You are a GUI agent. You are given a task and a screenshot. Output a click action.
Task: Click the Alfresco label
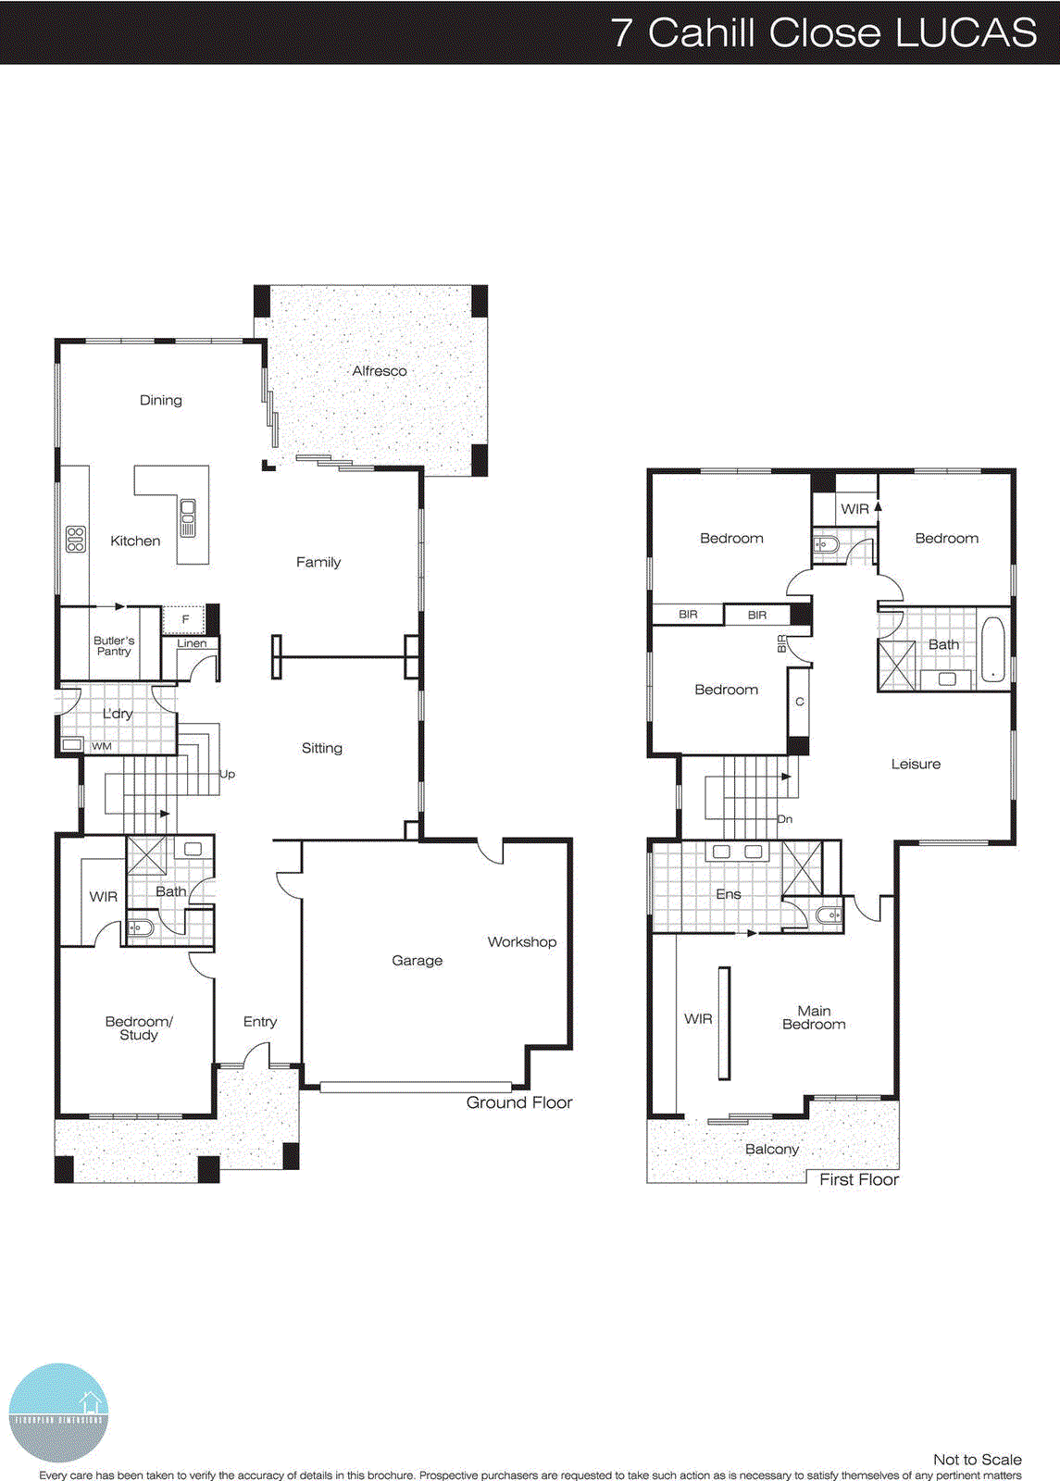coord(380,371)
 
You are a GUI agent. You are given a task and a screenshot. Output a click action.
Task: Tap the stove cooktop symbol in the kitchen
coord(76,540)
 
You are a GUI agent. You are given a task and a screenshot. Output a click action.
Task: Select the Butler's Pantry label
coord(114,645)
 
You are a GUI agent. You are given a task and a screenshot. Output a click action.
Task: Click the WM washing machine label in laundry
coord(102,746)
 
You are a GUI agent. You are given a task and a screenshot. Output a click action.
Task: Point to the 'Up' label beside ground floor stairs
coord(227,774)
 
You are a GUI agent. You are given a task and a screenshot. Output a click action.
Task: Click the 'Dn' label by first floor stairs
coord(784,819)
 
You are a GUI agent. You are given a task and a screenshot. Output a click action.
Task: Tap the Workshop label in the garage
coord(522,941)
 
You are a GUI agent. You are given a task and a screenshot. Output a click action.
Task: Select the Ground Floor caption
coord(519,1102)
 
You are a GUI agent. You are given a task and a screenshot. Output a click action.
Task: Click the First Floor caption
coord(859,1179)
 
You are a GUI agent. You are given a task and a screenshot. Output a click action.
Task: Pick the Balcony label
coord(772,1149)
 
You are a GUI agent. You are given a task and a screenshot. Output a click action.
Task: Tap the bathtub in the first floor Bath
coord(991,649)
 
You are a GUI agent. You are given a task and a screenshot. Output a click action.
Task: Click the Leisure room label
coord(916,764)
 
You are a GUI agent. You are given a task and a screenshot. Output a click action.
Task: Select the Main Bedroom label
coord(814,1017)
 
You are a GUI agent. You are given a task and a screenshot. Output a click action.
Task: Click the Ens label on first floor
coord(729,894)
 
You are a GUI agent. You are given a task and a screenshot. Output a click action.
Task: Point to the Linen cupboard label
coord(192,643)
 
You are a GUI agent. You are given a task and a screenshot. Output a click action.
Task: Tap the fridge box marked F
coord(185,619)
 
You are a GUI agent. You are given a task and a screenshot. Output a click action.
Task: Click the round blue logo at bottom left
coord(58,1413)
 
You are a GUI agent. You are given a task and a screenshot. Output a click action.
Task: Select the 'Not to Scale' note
coord(977,1459)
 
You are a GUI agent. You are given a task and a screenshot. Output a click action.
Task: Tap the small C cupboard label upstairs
coord(800,702)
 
